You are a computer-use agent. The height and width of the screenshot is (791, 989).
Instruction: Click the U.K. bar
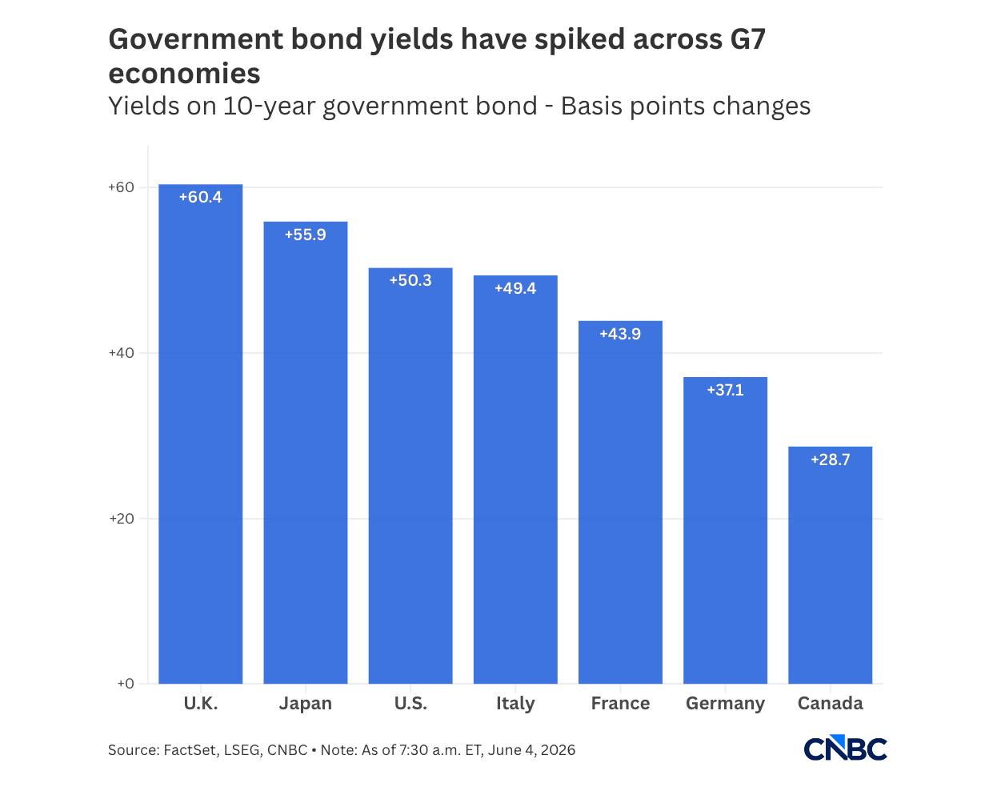(200, 434)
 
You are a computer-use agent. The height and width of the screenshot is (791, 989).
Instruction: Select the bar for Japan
(306, 452)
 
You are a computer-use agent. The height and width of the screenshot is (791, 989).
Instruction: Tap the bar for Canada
(830, 565)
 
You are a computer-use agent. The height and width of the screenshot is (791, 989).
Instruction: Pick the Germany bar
(725, 530)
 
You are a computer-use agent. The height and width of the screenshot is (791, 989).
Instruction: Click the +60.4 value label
(200, 197)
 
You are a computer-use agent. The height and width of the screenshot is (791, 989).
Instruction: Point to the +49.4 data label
(515, 288)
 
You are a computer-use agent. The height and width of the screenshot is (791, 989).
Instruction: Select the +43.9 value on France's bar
(620, 334)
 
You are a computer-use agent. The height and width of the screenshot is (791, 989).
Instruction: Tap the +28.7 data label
(830, 460)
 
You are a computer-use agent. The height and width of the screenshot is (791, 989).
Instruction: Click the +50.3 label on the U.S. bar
(410, 280)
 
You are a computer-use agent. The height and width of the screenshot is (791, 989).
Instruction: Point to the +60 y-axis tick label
(121, 187)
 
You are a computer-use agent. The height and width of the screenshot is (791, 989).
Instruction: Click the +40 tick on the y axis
(121, 353)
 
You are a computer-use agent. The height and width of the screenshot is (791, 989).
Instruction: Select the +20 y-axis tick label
(122, 518)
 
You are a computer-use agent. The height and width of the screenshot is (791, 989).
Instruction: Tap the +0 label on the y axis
(126, 684)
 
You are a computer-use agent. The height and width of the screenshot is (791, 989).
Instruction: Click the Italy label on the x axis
(515, 704)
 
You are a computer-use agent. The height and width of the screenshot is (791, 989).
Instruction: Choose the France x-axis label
(620, 703)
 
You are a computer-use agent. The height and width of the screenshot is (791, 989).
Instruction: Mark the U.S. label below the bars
(410, 703)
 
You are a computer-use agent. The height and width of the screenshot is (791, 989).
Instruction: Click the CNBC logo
(845, 748)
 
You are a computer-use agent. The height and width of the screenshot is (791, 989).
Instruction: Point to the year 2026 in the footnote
(558, 750)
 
